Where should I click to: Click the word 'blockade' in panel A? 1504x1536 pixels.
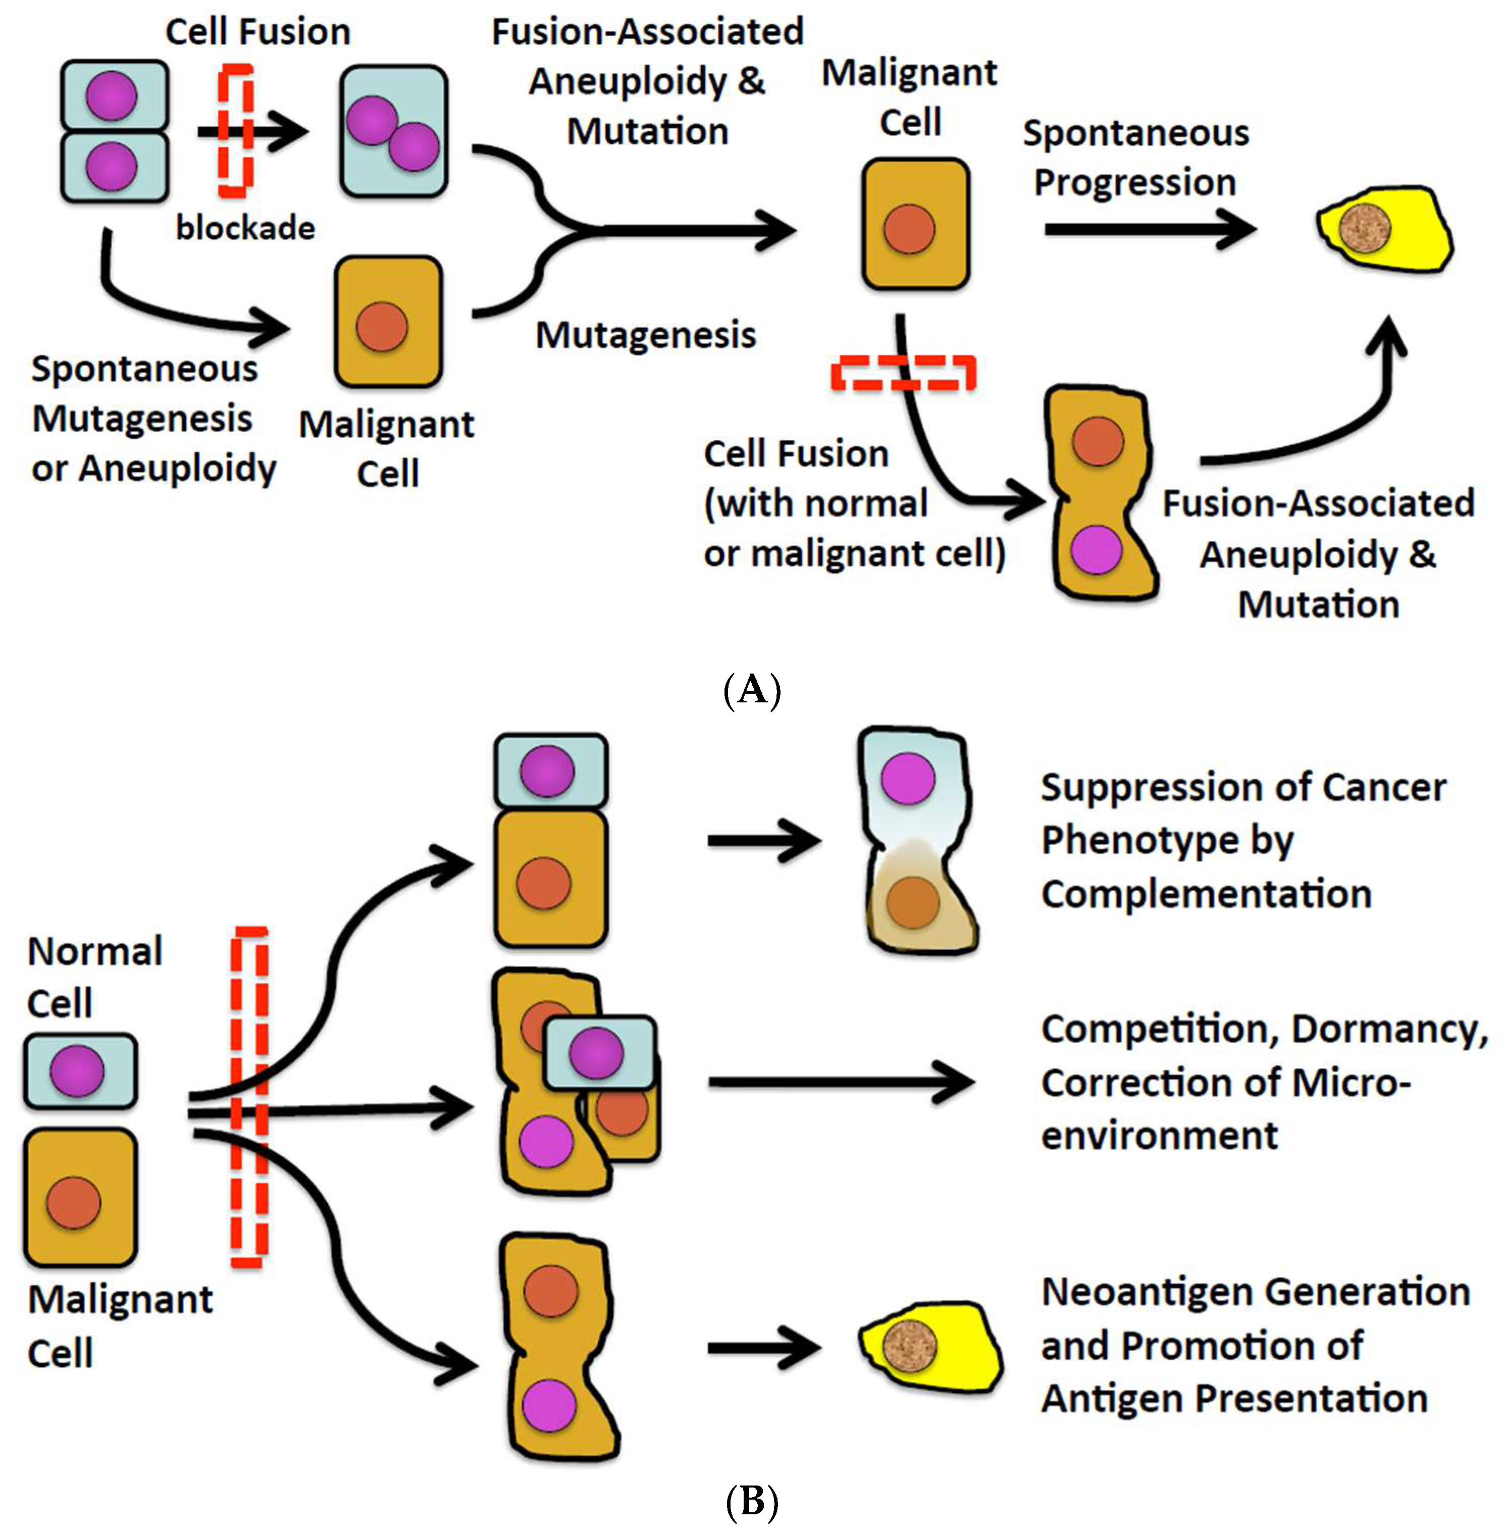[x=245, y=228]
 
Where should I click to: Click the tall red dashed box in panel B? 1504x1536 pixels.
[x=249, y=1098]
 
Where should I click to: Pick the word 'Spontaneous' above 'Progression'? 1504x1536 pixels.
[x=1136, y=133]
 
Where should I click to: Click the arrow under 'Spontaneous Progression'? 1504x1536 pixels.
[x=1149, y=230]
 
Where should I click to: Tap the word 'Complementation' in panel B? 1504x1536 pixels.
[x=1206, y=894]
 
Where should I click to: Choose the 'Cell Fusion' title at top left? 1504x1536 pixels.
[x=257, y=32]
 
